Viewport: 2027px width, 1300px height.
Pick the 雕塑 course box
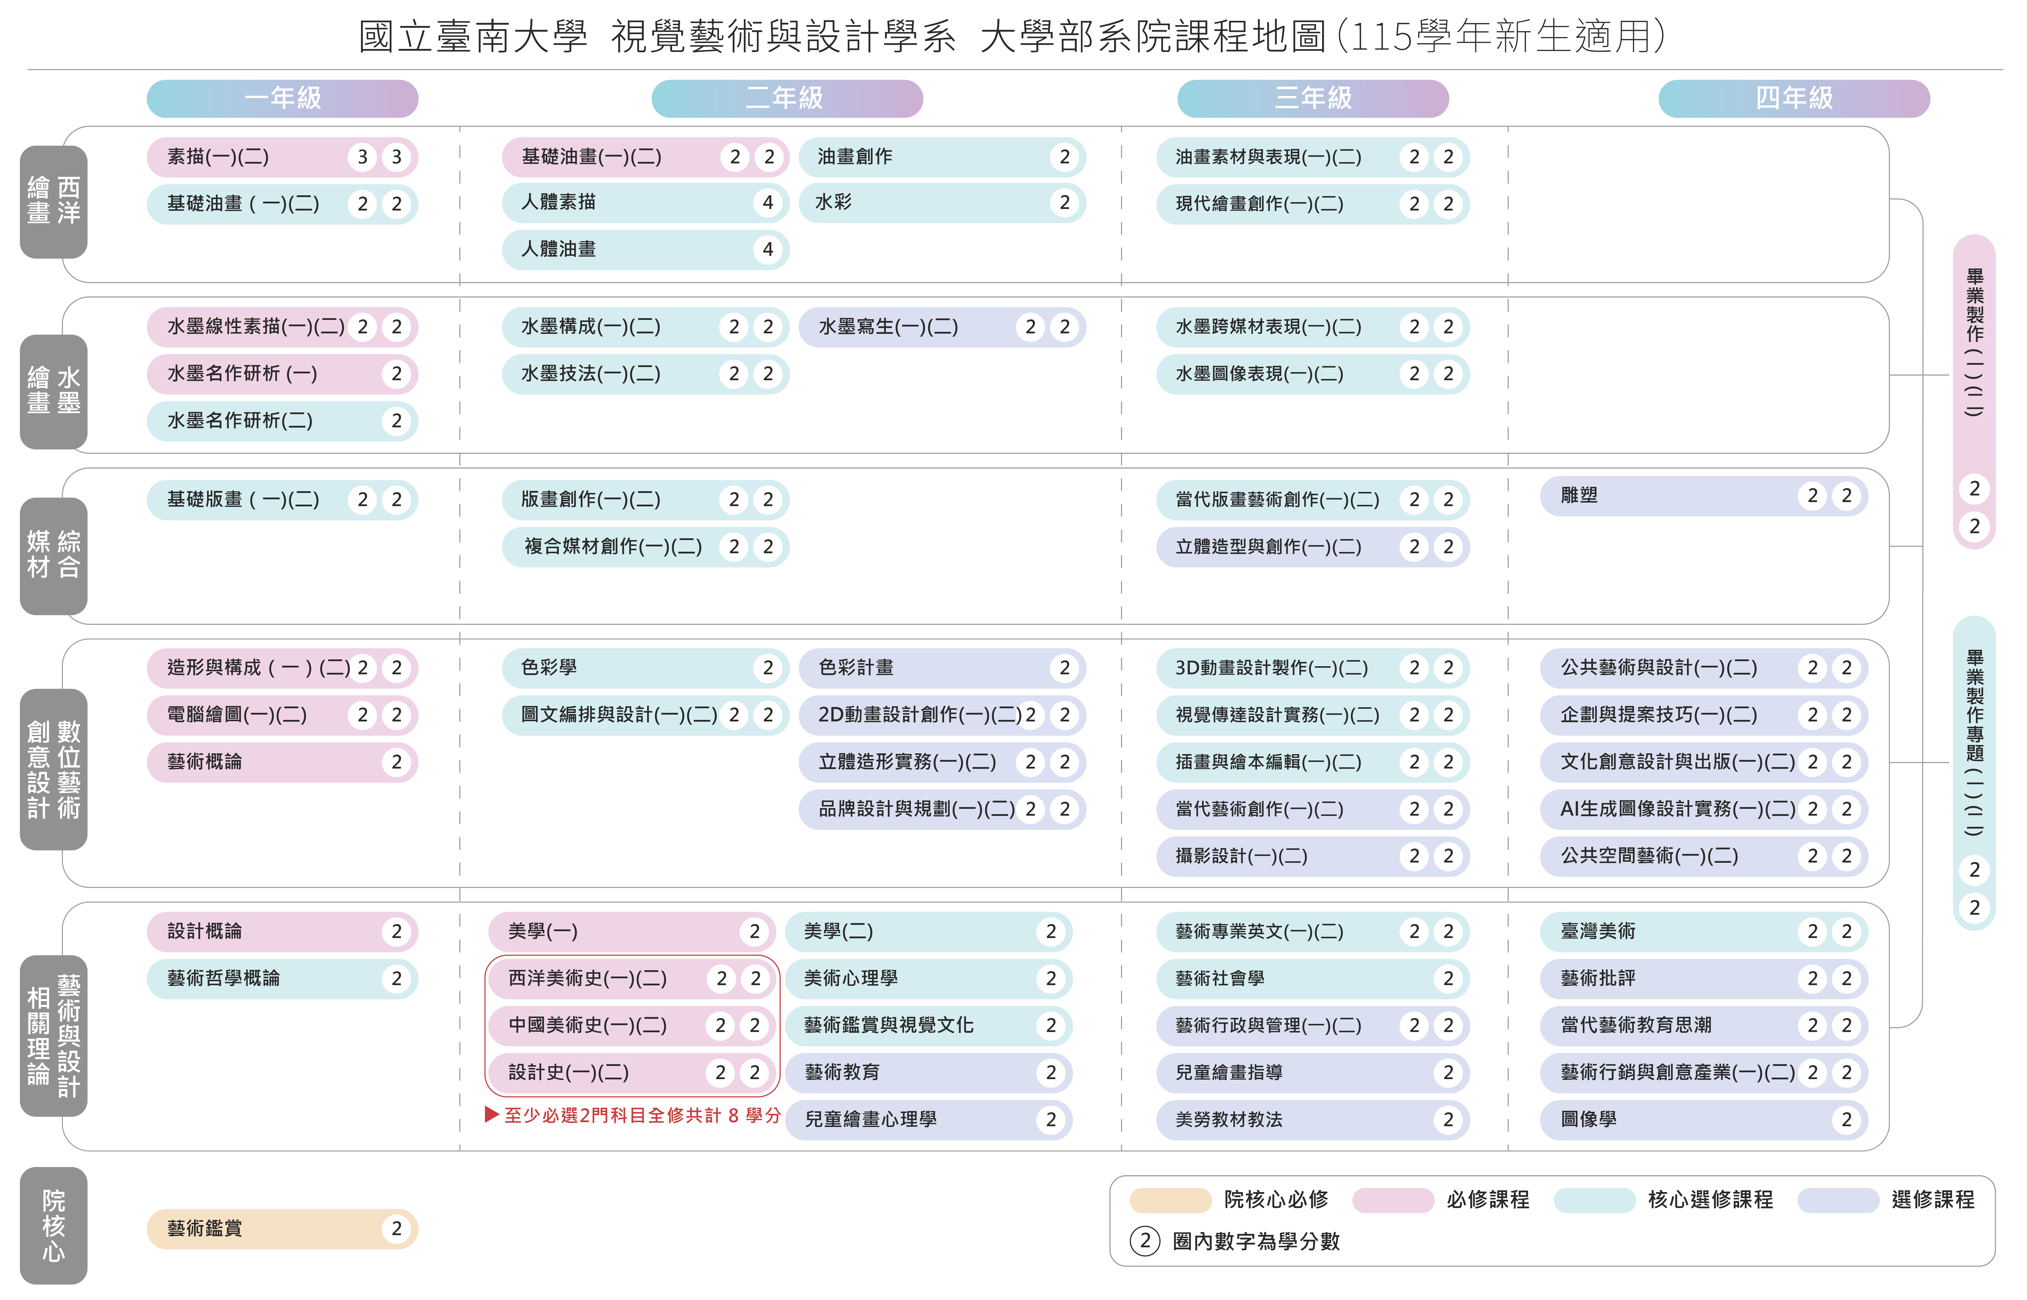tap(1704, 495)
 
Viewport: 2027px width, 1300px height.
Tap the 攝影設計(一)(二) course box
tap(1313, 856)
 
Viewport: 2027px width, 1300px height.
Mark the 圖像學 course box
tap(1704, 1119)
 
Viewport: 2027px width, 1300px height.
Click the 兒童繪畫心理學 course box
tap(929, 1119)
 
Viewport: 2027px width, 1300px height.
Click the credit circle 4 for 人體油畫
tap(767, 249)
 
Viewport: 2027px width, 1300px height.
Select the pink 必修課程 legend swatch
tap(1393, 1199)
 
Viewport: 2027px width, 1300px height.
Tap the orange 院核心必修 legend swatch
tap(1170, 1199)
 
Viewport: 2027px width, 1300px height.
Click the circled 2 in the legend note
tap(1145, 1241)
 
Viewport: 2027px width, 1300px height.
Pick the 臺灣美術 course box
tap(1704, 931)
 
